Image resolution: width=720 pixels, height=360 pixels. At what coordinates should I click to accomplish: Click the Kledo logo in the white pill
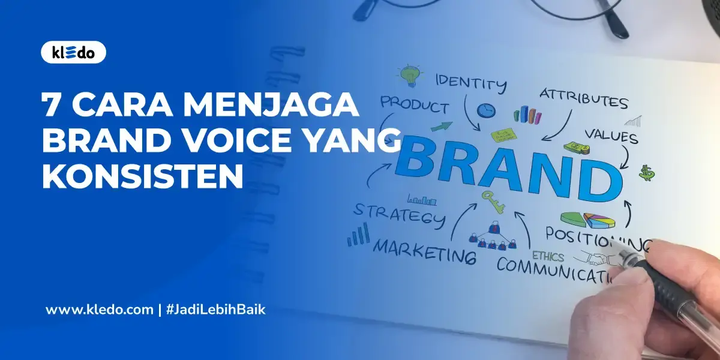pyautogui.click(x=73, y=53)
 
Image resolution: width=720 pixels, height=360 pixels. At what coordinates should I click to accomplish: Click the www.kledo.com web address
pyautogui.click(x=100, y=310)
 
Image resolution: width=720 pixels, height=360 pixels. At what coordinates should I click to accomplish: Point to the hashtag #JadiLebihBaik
pyautogui.click(x=215, y=310)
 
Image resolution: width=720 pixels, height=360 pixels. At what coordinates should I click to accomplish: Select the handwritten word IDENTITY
pyautogui.click(x=470, y=82)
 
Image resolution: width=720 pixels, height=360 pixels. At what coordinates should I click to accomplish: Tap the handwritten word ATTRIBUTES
pyautogui.click(x=583, y=98)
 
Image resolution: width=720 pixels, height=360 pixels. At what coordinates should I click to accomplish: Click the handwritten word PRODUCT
pyautogui.click(x=414, y=104)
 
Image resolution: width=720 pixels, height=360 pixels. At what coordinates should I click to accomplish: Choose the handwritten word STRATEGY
pyautogui.click(x=398, y=214)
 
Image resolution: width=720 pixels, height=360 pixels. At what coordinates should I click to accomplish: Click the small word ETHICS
pyautogui.click(x=548, y=257)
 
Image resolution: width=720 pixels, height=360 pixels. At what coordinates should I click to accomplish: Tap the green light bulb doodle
pyautogui.click(x=409, y=75)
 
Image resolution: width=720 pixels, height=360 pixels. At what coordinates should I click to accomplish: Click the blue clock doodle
pyautogui.click(x=486, y=110)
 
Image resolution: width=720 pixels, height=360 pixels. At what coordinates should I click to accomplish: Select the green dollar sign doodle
pyautogui.click(x=647, y=173)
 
